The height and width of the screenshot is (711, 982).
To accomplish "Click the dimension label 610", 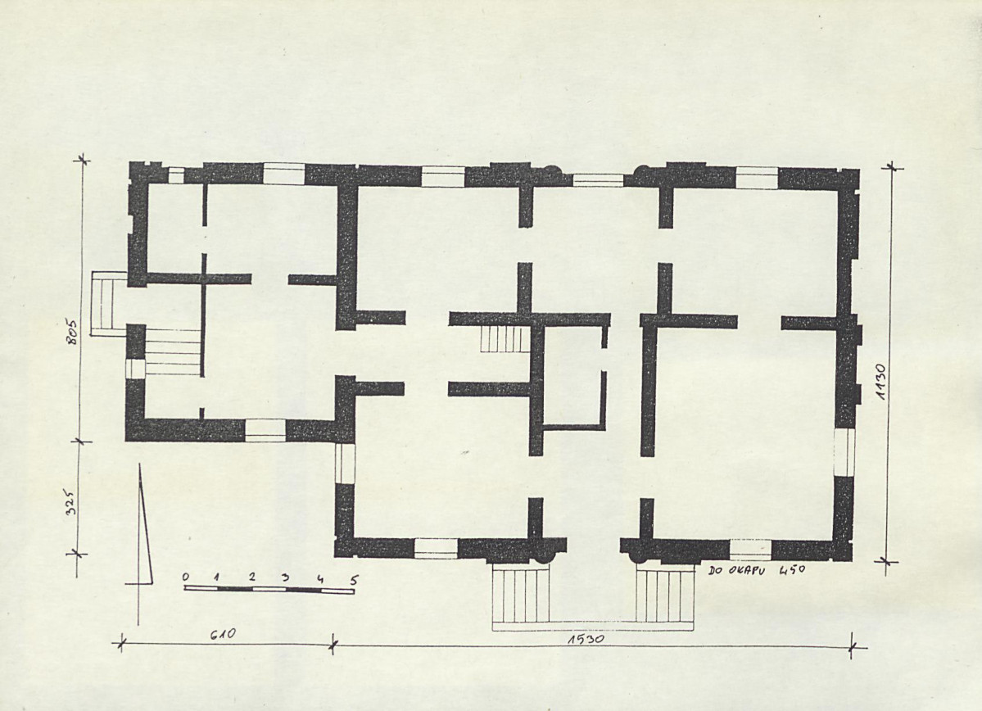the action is pos(222,635).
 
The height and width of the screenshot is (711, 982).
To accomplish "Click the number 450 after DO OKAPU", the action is pos(792,571).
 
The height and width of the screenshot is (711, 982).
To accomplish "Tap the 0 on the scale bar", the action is pos(186,577).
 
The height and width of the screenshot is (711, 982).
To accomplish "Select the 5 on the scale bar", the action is pos(353,580).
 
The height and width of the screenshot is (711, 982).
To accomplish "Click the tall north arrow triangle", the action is pos(146,525).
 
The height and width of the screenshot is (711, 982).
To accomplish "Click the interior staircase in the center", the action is pos(505,338).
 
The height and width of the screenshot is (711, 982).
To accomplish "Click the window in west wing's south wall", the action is pos(265,430).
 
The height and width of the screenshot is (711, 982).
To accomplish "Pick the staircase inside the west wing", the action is pos(174,353).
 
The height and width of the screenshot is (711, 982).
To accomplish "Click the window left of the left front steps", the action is pos(436,549).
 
